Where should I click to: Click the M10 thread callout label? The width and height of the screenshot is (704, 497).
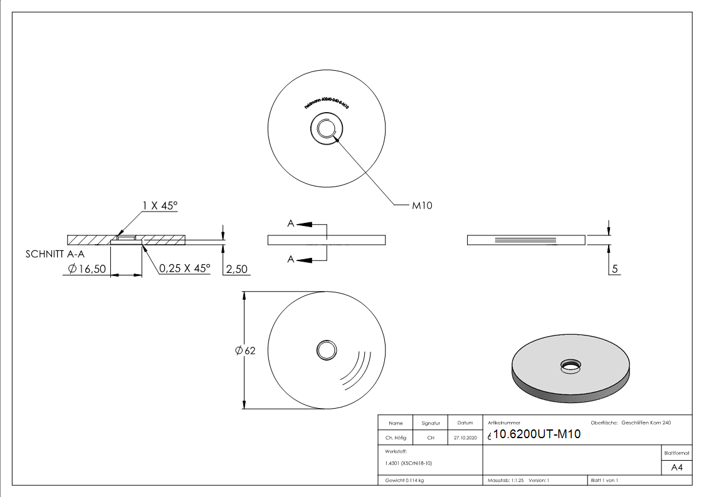tap(422, 205)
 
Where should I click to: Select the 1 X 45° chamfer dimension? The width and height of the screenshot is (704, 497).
tap(160, 205)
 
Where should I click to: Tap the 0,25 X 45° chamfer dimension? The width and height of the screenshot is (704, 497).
tap(184, 268)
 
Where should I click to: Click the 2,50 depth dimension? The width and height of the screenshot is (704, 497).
tap(236, 269)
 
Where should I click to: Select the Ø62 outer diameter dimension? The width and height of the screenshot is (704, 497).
tap(245, 351)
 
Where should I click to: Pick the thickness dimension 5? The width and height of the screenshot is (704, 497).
tap(615, 269)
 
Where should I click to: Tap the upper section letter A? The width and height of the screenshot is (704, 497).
tap(291, 223)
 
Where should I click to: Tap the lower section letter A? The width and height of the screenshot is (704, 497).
tap(291, 259)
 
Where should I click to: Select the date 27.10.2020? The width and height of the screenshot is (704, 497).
tap(465, 438)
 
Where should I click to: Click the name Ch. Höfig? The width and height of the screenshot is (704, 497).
tap(396, 438)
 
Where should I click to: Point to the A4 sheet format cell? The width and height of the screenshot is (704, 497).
tap(676, 468)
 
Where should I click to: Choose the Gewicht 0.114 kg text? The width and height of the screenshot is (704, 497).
tap(404, 480)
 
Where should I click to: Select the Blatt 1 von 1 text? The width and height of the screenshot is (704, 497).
tap(604, 480)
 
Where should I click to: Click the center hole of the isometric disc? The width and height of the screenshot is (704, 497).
tap(570, 365)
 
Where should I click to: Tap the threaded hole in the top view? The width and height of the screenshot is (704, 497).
tap(326, 130)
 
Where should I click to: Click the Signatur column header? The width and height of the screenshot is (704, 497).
tap(431, 423)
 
